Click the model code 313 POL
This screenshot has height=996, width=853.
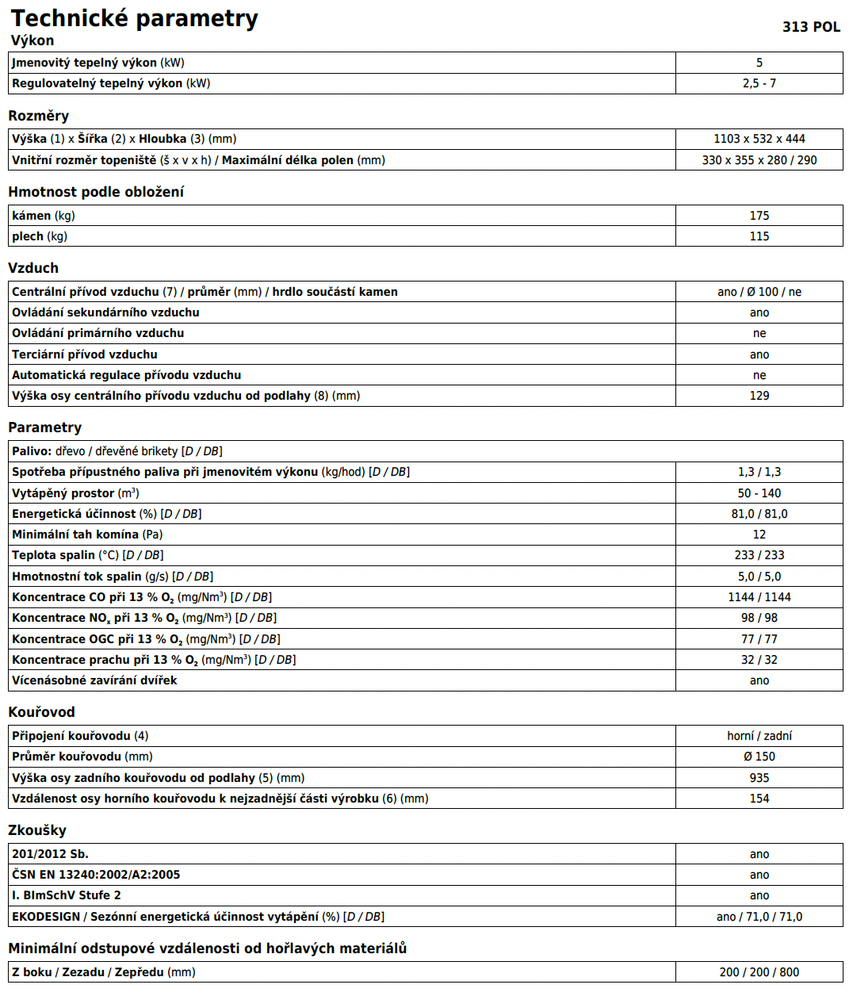pyautogui.click(x=811, y=27)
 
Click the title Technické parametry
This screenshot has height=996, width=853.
pyautogui.click(x=135, y=18)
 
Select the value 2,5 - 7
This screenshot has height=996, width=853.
pyautogui.click(x=759, y=83)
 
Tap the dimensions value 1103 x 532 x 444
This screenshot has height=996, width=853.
pyautogui.click(x=759, y=139)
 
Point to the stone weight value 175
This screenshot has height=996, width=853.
pyautogui.click(x=759, y=216)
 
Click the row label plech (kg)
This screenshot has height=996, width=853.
pyautogui.click(x=40, y=236)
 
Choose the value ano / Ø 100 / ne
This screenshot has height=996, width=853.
pyautogui.click(x=759, y=292)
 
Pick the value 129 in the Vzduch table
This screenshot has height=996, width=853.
pyautogui.click(x=759, y=396)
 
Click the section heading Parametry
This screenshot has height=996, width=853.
pyautogui.click(x=45, y=427)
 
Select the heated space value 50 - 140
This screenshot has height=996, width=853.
pyautogui.click(x=759, y=493)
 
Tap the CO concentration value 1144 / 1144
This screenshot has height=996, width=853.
pyautogui.click(x=759, y=597)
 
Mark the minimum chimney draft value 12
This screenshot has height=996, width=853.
pyautogui.click(x=759, y=534)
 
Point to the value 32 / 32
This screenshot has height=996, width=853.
pyautogui.click(x=759, y=660)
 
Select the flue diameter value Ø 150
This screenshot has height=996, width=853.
pyautogui.click(x=759, y=757)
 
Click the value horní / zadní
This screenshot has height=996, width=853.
pyautogui.click(x=759, y=736)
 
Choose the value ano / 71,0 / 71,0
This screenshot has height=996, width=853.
pyautogui.click(x=759, y=917)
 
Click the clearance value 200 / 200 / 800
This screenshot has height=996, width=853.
pyautogui.click(x=759, y=972)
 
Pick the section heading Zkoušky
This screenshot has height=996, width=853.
pyautogui.click(x=37, y=830)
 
